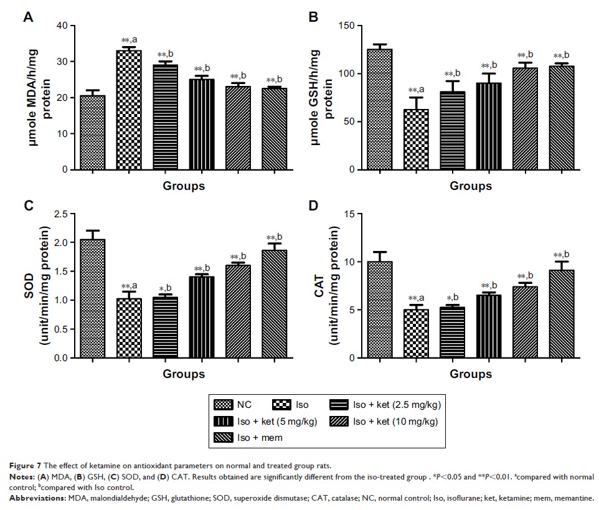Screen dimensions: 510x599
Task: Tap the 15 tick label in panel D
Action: [350, 214]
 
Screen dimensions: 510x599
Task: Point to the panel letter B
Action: [314, 17]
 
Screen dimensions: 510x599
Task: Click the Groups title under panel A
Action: [184, 186]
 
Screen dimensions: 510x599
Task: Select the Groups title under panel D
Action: [470, 374]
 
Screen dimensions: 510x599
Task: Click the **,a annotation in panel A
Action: [128, 40]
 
